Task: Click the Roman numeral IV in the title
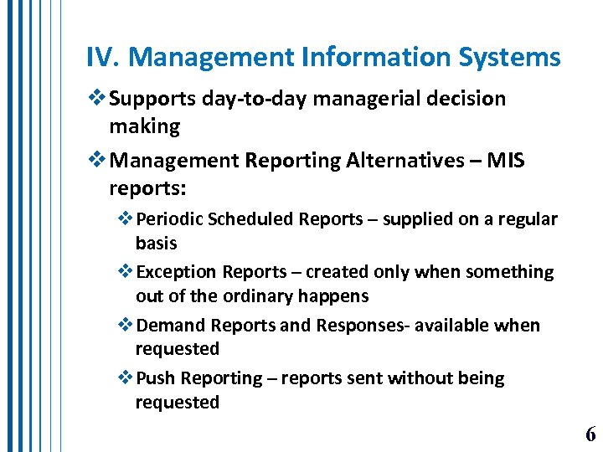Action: click(x=100, y=58)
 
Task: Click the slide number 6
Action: click(x=590, y=434)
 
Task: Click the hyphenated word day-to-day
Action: click(x=250, y=100)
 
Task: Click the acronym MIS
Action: click(x=505, y=160)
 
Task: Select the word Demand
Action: click(x=170, y=325)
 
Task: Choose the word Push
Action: click(x=153, y=378)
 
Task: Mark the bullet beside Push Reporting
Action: click(x=126, y=378)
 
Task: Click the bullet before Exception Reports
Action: click(x=126, y=272)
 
